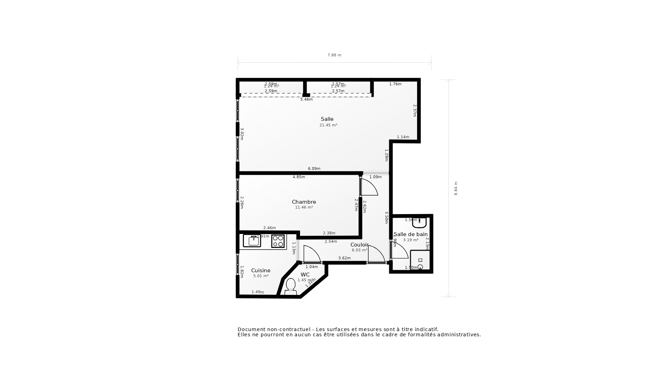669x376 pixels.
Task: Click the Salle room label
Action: [327, 119]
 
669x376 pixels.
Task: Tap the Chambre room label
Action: [304, 202]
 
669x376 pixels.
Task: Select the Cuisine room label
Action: [261, 271]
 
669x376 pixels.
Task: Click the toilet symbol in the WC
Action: [291, 286]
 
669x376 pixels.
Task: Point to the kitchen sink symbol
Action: [252, 241]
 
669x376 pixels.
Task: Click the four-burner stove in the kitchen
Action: [278, 241]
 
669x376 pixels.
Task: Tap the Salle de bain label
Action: [410, 234]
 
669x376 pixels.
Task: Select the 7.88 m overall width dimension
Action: [334, 55]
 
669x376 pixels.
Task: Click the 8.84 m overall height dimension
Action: [456, 188]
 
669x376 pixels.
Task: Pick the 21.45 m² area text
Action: [328, 125]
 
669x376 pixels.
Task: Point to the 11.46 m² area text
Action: [304, 207]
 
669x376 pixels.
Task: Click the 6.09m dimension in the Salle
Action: [314, 169]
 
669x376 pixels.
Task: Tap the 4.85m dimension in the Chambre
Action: [299, 177]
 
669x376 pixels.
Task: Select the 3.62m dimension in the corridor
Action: [344, 258]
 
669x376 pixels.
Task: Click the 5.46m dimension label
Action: [306, 99]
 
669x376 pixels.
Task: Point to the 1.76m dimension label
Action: [395, 84]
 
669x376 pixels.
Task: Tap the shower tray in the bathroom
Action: [420, 260]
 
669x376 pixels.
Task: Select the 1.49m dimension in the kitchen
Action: [257, 292]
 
